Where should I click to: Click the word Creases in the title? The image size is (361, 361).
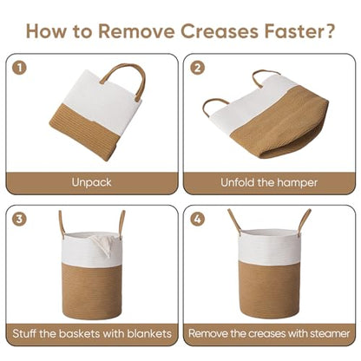pos(220,31)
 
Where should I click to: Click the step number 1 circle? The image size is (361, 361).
pos(19,69)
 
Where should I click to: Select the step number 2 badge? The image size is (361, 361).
pos(198,69)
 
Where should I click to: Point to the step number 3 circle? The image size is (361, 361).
pos(19,219)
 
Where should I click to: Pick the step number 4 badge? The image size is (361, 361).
pos(198,219)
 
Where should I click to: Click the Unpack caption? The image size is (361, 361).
pos(91,182)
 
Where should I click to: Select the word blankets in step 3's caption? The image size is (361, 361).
pos(149,333)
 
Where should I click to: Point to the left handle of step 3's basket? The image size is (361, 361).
pos(62,224)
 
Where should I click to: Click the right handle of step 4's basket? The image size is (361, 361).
pos(304,221)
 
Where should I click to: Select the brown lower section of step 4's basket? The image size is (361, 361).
pos(268,289)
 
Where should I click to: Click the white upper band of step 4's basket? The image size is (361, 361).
pos(268,247)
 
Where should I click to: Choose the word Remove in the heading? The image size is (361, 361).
pos(136,31)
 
